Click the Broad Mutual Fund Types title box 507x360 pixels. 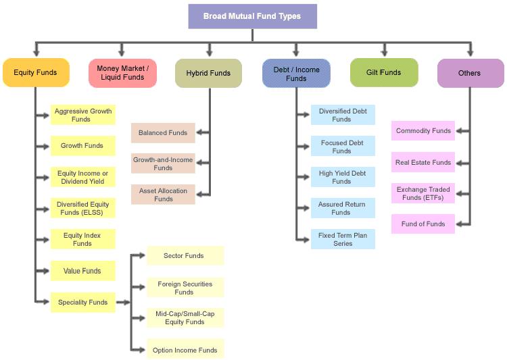252,16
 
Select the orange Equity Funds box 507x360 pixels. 36,73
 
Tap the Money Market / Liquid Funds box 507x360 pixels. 122,73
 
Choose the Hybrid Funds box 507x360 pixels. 208,73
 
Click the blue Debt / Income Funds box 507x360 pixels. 296,73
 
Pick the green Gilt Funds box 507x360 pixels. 384,72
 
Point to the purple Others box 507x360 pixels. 470,73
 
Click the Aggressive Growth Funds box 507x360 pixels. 82,115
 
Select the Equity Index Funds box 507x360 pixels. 82,239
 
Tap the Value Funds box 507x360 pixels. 82,271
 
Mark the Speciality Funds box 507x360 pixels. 82,302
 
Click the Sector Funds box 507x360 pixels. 184,256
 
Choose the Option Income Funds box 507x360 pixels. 185,350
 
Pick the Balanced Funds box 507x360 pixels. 163,133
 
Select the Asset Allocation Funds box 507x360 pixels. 163,195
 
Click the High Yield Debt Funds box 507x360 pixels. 342,177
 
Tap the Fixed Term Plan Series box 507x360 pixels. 342,239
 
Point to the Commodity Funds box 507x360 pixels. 423,131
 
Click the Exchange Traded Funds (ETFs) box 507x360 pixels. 423,193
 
